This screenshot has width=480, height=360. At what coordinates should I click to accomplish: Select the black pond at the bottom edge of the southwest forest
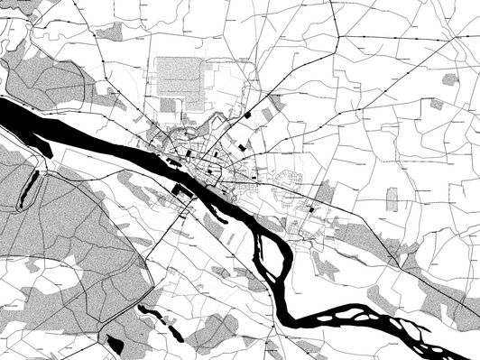tap(115, 344)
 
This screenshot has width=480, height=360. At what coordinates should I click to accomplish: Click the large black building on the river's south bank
tap(181, 191)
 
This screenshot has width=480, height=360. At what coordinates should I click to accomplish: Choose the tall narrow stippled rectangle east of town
tap(392, 199)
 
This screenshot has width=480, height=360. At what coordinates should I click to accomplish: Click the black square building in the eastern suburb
tap(313, 208)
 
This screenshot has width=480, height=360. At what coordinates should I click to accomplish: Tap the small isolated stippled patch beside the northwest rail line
tap(110, 32)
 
